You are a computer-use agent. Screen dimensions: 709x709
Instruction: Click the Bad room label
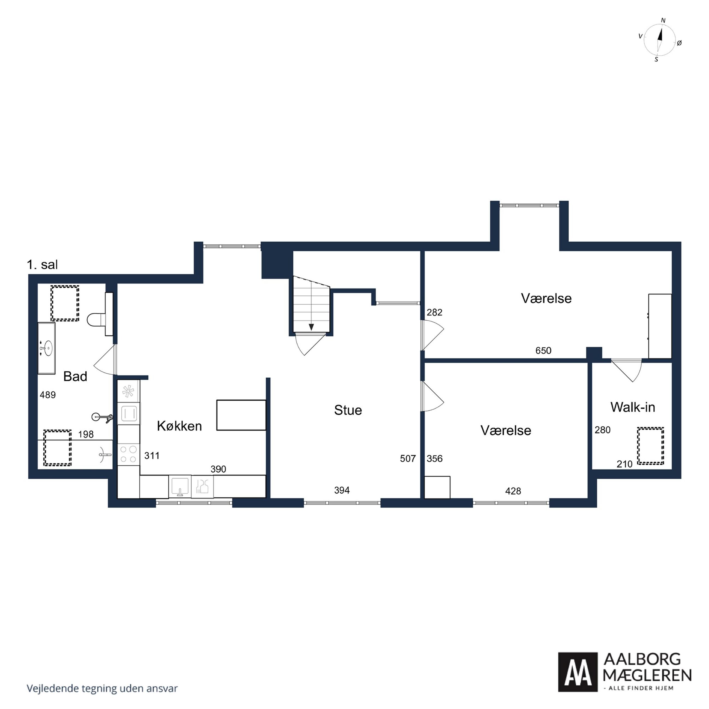coord(75,377)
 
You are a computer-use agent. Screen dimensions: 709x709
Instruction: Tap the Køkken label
coord(179,426)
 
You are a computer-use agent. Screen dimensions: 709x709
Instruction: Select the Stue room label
coord(348,410)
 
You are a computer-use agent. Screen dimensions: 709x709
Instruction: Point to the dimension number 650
coord(543,350)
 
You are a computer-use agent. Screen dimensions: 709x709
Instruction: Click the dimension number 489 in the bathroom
coord(48,395)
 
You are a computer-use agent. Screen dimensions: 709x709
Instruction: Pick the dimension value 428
coord(513,491)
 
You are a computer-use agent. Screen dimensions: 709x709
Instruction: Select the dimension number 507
coord(408,459)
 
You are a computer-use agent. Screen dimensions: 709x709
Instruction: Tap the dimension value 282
coord(434,312)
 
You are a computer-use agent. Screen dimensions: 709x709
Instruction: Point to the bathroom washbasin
coord(47,348)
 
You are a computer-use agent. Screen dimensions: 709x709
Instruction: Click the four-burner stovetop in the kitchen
coord(128,454)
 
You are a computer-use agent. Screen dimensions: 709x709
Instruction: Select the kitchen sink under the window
coord(180,486)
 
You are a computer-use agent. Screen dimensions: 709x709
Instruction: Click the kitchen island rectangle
coord(241,415)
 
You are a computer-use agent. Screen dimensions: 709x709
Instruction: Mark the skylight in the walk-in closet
coord(650,446)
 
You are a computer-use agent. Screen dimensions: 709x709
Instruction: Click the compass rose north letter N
coord(663,20)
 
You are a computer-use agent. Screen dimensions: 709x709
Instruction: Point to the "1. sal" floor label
coord(42,265)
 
